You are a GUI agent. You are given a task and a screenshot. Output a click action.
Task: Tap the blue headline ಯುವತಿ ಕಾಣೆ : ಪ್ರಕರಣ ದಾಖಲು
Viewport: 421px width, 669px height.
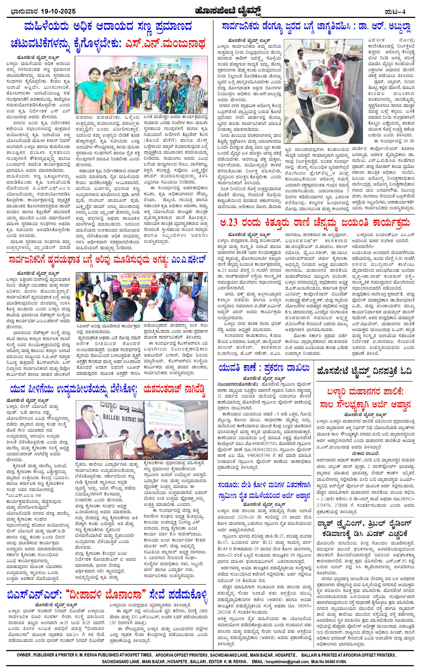[x=264, y=368]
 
